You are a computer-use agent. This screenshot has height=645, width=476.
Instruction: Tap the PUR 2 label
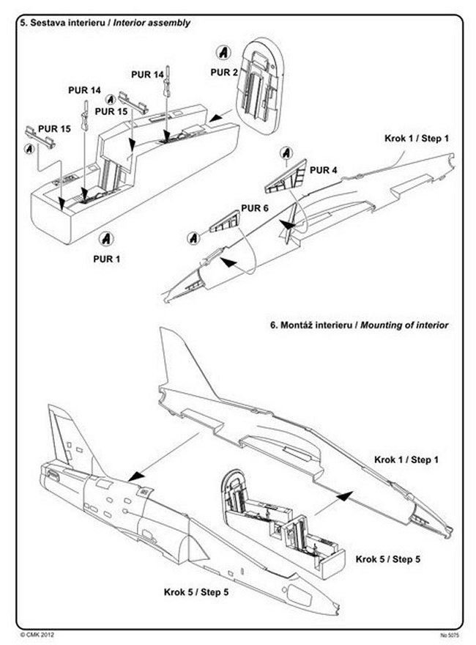224,73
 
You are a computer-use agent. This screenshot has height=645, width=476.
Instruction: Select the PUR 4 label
324,169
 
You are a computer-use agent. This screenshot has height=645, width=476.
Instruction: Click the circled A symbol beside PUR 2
223,53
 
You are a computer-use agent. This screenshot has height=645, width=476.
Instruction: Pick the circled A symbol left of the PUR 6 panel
194,237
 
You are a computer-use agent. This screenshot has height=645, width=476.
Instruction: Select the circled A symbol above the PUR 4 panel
286,153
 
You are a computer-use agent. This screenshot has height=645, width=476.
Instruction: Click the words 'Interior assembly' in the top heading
152,23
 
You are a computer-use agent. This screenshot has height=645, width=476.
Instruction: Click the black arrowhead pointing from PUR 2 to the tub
215,116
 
